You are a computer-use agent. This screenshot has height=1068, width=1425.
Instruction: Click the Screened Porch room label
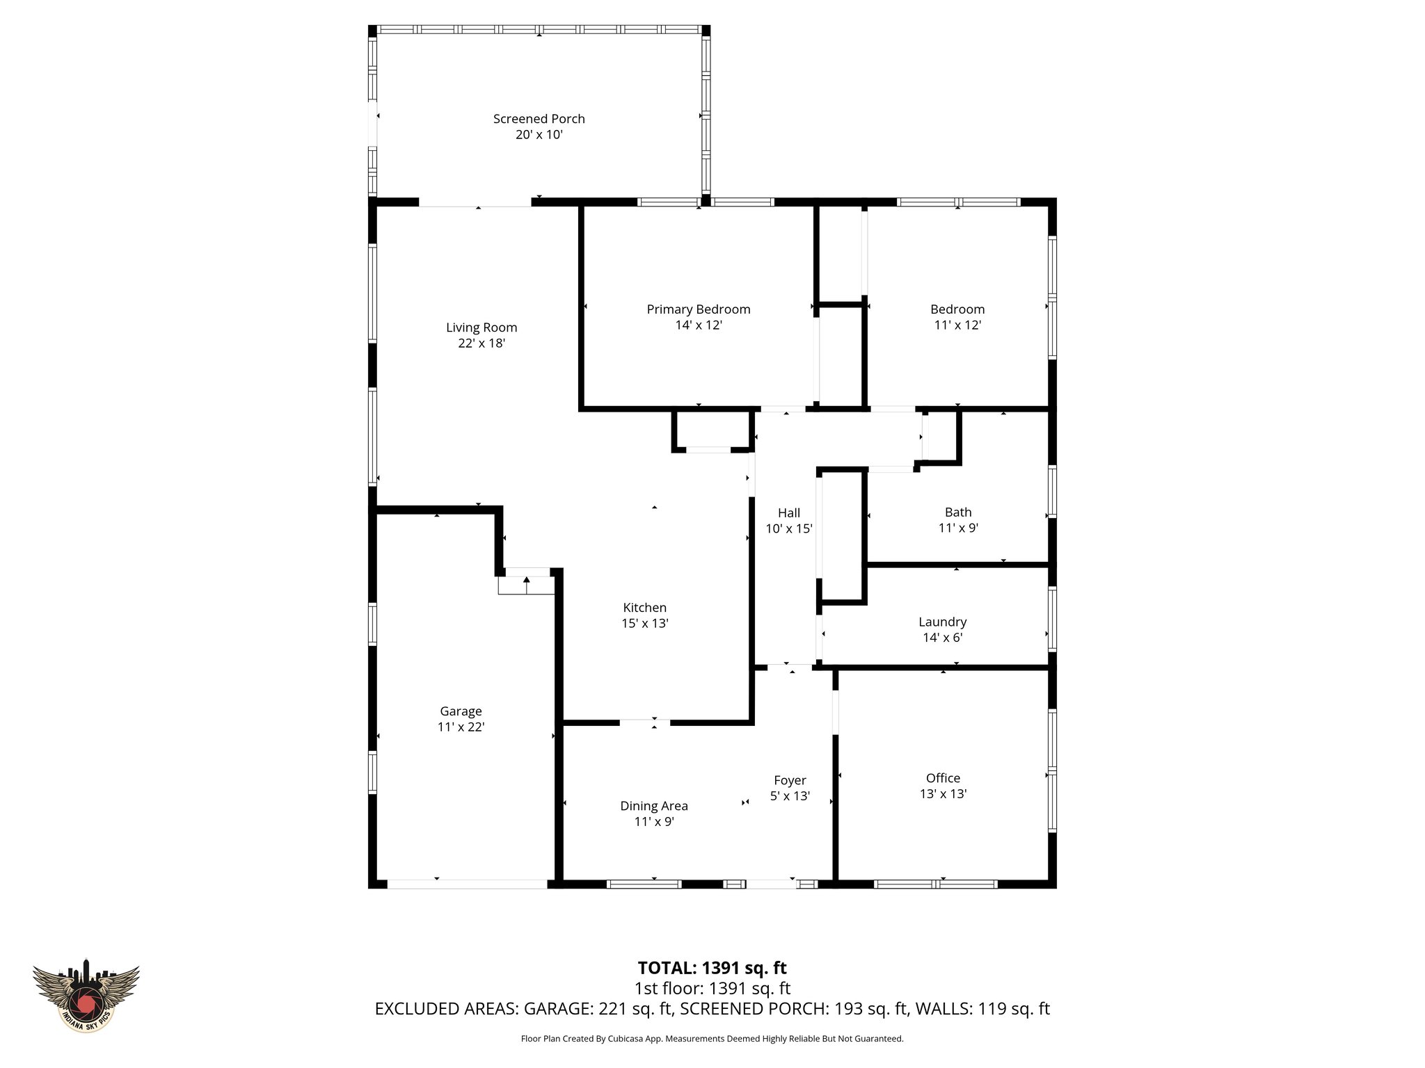pyautogui.click(x=539, y=119)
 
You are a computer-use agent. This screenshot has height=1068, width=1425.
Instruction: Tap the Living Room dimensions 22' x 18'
pyautogui.click(x=481, y=343)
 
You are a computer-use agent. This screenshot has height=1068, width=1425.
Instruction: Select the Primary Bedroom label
pyautogui.click(x=699, y=309)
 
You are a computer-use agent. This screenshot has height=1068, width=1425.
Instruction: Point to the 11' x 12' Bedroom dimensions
pyautogui.click(x=957, y=325)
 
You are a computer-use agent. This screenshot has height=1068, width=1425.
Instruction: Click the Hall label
pyautogui.click(x=789, y=513)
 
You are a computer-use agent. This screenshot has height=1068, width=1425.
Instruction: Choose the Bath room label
pyautogui.click(x=958, y=512)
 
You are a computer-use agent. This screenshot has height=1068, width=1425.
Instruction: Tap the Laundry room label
pyautogui.click(x=942, y=622)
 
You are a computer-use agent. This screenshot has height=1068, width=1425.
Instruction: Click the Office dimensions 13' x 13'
pyautogui.click(x=943, y=794)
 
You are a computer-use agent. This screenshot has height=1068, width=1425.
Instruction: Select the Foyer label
pyautogui.click(x=790, y=781)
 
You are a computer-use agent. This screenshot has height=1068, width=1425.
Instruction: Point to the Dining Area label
pyautogui.click(x=654, y=806)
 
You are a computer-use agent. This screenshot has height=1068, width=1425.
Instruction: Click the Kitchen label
pyautogui.click(x=644, y=608)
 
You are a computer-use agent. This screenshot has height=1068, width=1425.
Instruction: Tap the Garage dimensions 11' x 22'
pyautogui.click(x=461, y=727)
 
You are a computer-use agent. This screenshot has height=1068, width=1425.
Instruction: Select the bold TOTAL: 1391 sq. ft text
pyautogui.click(x=712, y=968)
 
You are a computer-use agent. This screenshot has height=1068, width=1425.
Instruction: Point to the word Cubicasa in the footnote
pyautogui.click(x=625, y=1039)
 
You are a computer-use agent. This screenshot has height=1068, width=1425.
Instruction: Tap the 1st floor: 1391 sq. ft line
pyautogui.click(x=712, y=988)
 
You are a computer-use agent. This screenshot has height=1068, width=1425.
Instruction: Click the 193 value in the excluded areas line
pyautogui.click(x=844, y=1009)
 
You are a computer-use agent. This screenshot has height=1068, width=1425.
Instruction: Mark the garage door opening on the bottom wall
pyautogui.click(x=467, y=884)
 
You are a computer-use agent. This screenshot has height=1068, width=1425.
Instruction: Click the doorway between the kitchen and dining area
pyautogui.click(x=644, y=723)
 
